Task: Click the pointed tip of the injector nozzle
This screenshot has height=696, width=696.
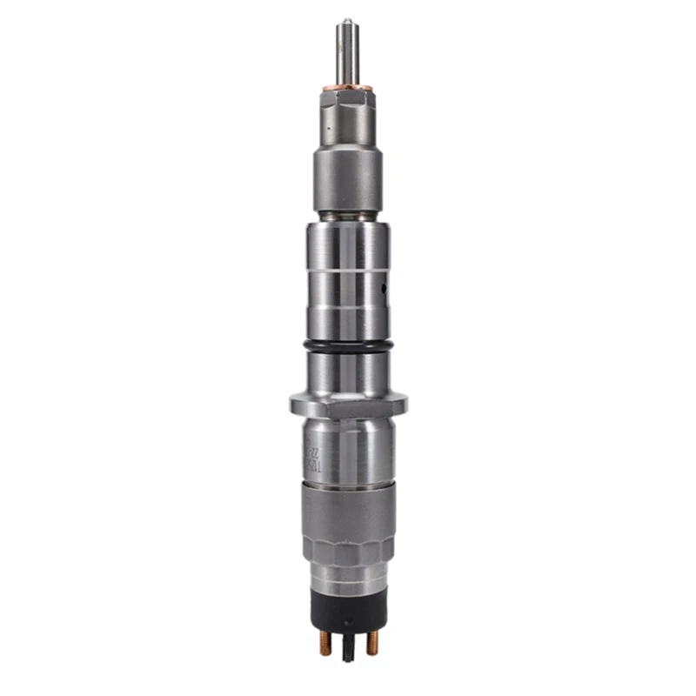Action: click(347, 21)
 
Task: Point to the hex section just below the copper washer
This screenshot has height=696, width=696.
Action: click(348, 113)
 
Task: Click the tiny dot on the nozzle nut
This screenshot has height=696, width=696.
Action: click(328, 127)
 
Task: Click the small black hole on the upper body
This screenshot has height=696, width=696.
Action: click(384, 285)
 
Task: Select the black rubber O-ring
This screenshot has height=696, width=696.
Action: click(348, 347)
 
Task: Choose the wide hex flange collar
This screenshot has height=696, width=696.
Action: click(348, 405)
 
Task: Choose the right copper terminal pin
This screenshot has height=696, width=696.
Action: click(372, 643)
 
